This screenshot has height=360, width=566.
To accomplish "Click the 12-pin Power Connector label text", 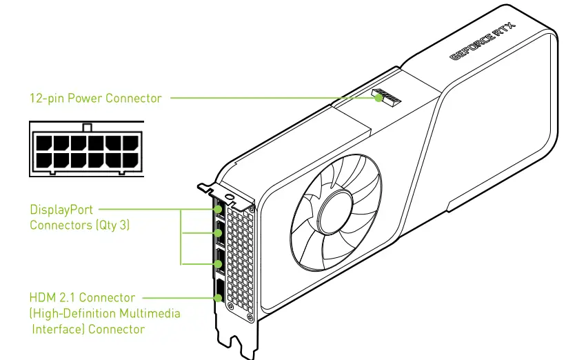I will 95,98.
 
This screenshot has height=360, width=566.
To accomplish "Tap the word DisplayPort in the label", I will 61,209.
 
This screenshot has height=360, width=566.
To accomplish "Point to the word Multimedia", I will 148,313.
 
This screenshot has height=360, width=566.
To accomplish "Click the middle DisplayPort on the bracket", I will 219,234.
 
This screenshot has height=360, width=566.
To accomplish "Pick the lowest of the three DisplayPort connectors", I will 219,263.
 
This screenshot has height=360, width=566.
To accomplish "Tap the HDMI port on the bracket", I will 219,292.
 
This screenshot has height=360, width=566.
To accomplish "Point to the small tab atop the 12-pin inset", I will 86,127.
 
